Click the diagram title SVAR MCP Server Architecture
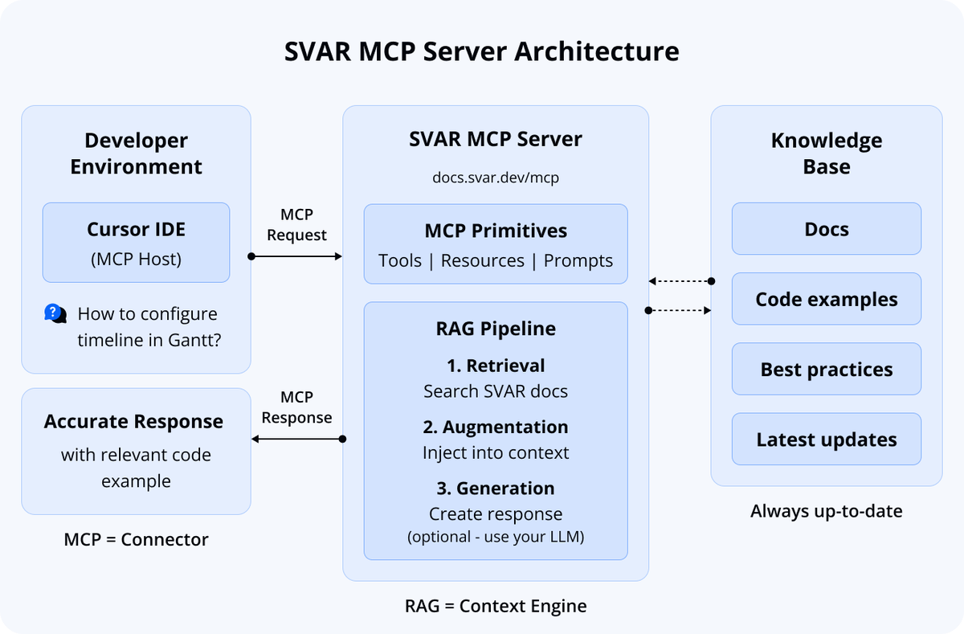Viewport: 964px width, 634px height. click(481, 51)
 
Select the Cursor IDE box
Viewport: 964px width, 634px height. click(136, 242)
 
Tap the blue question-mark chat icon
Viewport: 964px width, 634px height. click(55, 313)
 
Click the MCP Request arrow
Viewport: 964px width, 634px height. click(296, 256)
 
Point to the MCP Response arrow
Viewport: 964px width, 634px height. click(296, 439)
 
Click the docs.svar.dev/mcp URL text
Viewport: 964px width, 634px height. click(496, 178)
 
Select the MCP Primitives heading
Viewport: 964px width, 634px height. click(496, 231)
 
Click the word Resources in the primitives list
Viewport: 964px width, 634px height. click(482, 261)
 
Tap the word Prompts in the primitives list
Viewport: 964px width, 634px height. click(578, 261)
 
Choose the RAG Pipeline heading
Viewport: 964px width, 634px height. click(496, 329)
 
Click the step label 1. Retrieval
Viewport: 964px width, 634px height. click(496, 366)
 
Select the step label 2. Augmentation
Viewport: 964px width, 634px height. click(496, 427)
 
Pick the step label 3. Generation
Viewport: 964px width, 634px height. click(496, 489)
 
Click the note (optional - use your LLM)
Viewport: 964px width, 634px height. click(496, 536)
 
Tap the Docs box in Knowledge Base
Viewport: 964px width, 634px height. click(826, 229)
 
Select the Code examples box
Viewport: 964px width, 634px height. click(826, 299)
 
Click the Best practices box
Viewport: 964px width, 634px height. click(826, 370)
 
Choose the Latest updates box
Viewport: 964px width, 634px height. click(826, 440)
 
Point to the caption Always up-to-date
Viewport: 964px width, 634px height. click(826, 511)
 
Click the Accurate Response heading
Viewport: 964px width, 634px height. click(133, 422)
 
